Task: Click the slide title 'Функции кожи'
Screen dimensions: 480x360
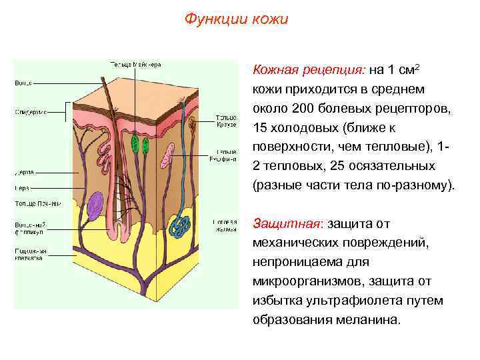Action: pyautogui.click(x=237, y=19)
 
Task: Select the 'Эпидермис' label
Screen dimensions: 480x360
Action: pyautogui.click(x=31, y=112)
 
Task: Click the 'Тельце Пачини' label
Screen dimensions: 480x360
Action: pyautogui.click(x=37, y=203)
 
